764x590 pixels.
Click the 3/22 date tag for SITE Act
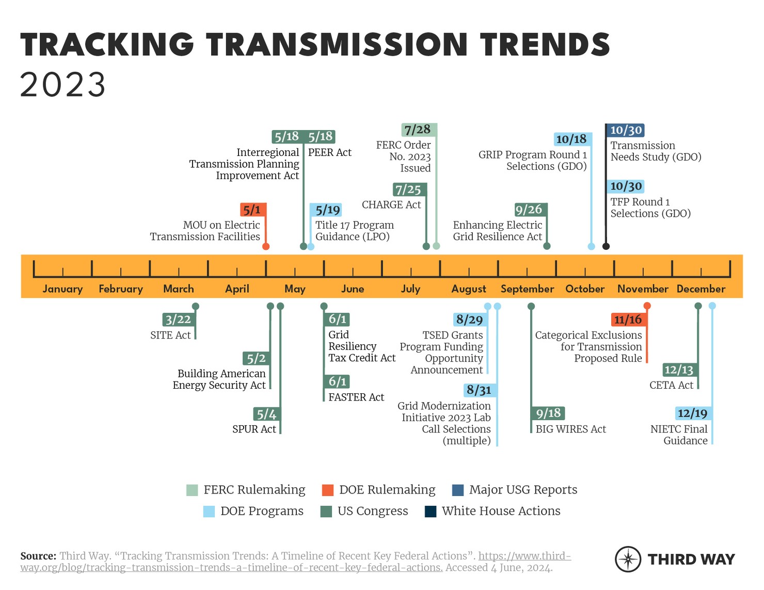pyautogui.click(x=178, y=320)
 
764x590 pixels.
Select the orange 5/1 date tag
pyautogui.click(x=252, y=210)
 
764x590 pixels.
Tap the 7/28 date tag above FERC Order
pyautogui.click(x=418, y=130)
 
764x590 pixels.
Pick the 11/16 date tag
pyautogui.click(x=627, y=320)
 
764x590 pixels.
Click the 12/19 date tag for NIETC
pyautogui.click(x=692, y=413)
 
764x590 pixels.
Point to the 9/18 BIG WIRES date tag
pyautogui.click(x=548, y=413)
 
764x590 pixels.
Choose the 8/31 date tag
pyautogui.click(x=479, y=390)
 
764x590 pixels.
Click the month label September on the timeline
pyautogui.click(x=527, y=289)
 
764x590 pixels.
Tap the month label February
pyautogui.click(x=121, y=289)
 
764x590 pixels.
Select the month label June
pyautogui.click(x=353, y=289)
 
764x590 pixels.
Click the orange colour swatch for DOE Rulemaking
pyautogui.click(x=327, y=490)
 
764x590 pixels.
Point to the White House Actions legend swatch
pyautogui.click(x=430, y=512)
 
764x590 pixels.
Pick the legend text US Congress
pyautogui.click(x=373, y=511)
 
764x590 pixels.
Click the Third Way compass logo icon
pyautogui.click(x=628, y=559)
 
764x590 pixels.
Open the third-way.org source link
pyautogui.click(x=524, y=556)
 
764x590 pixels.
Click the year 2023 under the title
pyautogui.click(x=63, y=85)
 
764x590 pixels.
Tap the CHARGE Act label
pyautogui.click(x=391, y=205)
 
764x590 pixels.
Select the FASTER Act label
pyautogui.click(x=356, y=397)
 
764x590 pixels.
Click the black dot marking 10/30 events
pyautogui.click(x=606, y=246)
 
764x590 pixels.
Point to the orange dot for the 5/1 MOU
pyautogui.click(x=266, y=246)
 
